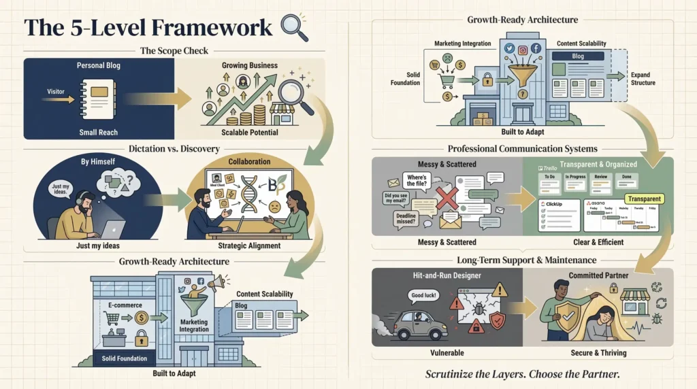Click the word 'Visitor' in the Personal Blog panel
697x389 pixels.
pyautogui.click(x=56, y=90)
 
